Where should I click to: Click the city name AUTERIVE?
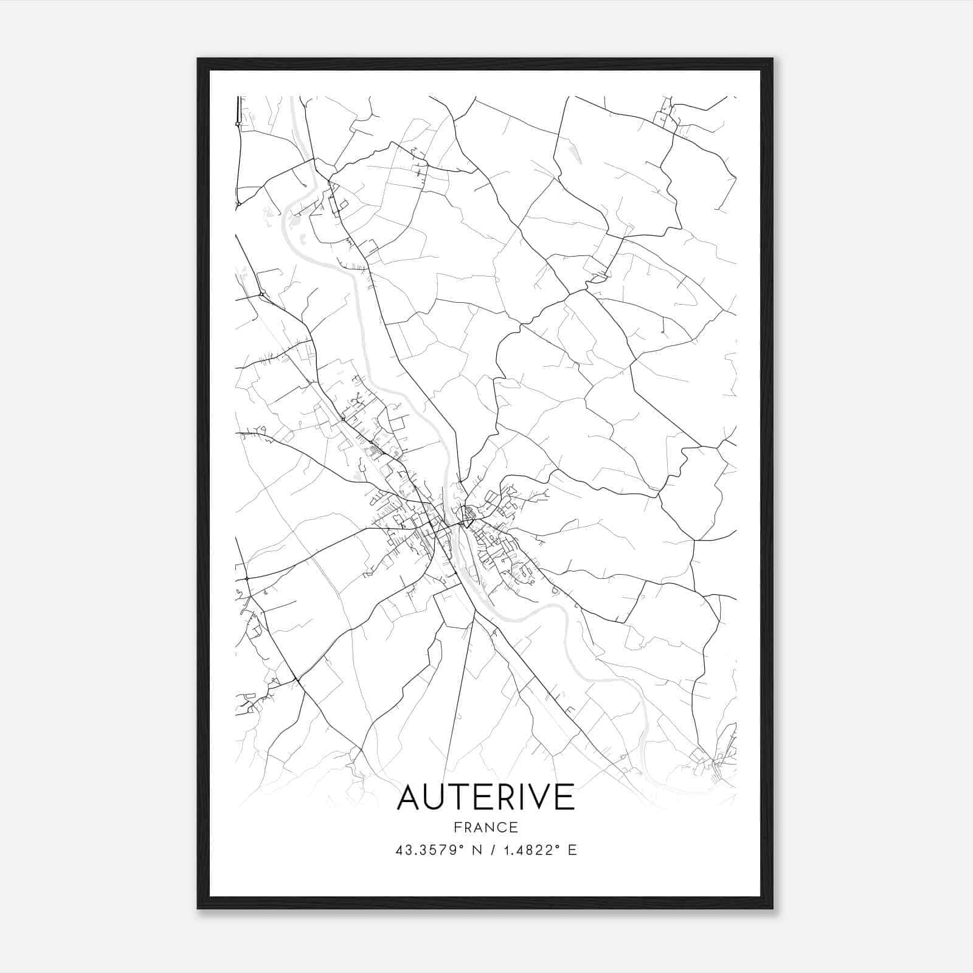coord(485,797)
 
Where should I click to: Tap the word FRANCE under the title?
coord(485,827)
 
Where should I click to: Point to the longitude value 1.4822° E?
coord(538,850)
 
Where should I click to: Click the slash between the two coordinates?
coord(486,850)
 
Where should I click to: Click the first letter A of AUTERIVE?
coord(409,797)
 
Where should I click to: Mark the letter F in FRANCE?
coord(457,827)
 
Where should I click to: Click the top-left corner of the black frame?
coord(198,59)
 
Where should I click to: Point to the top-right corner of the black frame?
coord(772,59)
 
